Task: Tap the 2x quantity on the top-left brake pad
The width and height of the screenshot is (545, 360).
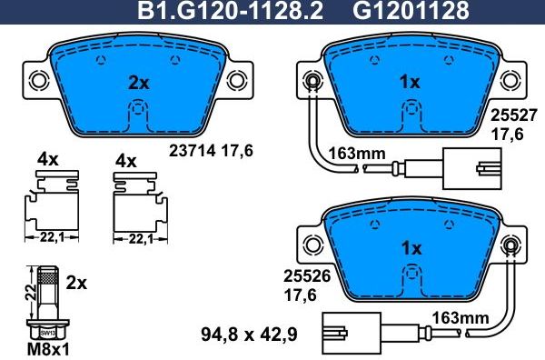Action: (138, 83)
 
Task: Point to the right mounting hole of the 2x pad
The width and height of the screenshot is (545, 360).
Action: (238, 79)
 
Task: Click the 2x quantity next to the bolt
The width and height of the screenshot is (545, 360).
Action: (76, 283)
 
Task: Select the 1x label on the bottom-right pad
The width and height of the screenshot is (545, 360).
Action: (411, 247)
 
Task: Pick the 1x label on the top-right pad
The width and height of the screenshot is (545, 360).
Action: (411, 83)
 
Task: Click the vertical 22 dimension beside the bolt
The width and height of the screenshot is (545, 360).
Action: (28, 293)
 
